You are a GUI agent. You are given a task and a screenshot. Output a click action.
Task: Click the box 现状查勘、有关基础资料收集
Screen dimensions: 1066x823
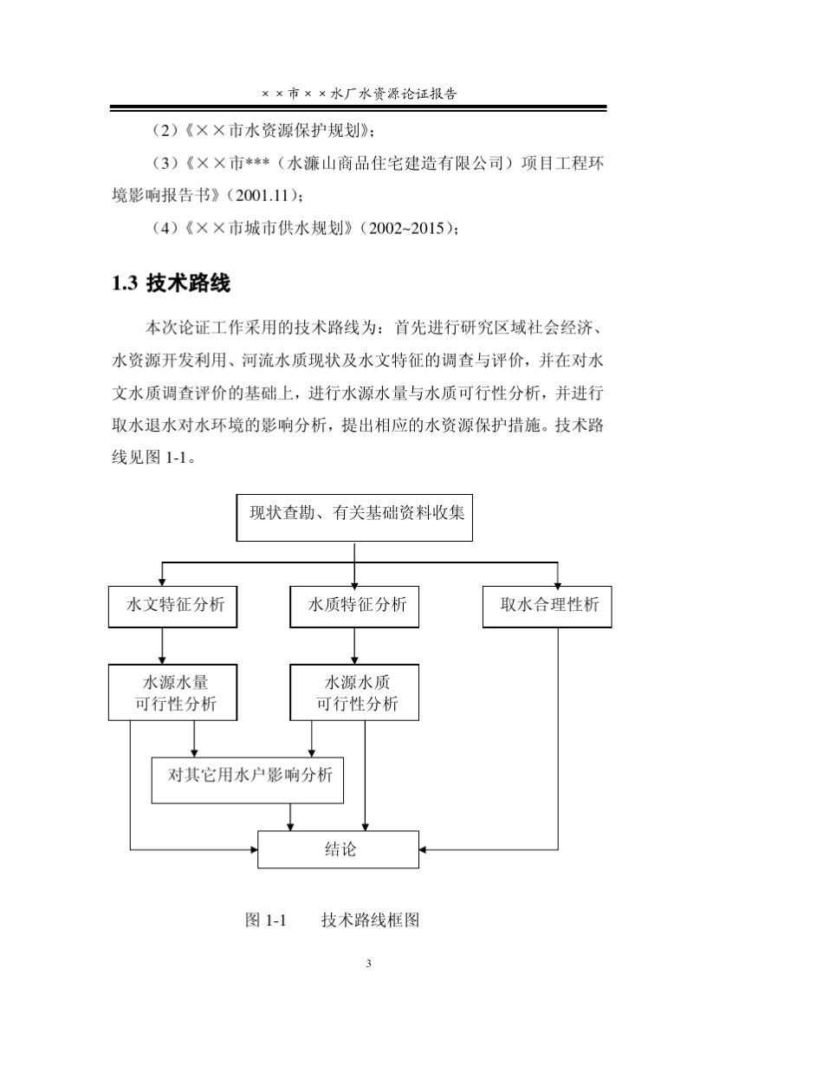(x=354, y=517)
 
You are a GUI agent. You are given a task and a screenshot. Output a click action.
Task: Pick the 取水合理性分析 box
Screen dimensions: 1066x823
(x=547, y=606)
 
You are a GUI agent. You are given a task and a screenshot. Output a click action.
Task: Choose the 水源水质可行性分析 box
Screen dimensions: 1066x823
(x=354, y=692)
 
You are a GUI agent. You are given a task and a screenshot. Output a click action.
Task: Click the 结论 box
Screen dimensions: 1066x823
(x=338, y=849)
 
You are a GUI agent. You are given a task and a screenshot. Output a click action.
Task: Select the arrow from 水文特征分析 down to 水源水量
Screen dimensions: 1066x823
(x=162, y=646)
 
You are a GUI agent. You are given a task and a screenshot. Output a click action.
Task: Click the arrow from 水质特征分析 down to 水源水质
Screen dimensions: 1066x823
(x=354, y=646)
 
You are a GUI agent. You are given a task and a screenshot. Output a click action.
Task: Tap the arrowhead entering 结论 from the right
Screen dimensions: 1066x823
(x=425, y=849)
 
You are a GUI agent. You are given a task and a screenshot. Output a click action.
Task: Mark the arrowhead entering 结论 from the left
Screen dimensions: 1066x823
(x=253, y=849)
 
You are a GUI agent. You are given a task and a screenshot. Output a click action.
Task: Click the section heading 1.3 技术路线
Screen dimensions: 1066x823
(x=171, y=283)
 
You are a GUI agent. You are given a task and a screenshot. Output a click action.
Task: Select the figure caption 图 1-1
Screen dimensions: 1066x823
(x=266, y=920)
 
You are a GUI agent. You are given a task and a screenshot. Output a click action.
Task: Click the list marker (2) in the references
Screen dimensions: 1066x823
(x=165, y=130)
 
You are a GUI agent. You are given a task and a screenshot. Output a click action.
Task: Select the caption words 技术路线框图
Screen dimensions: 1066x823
(x=370, y=920)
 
